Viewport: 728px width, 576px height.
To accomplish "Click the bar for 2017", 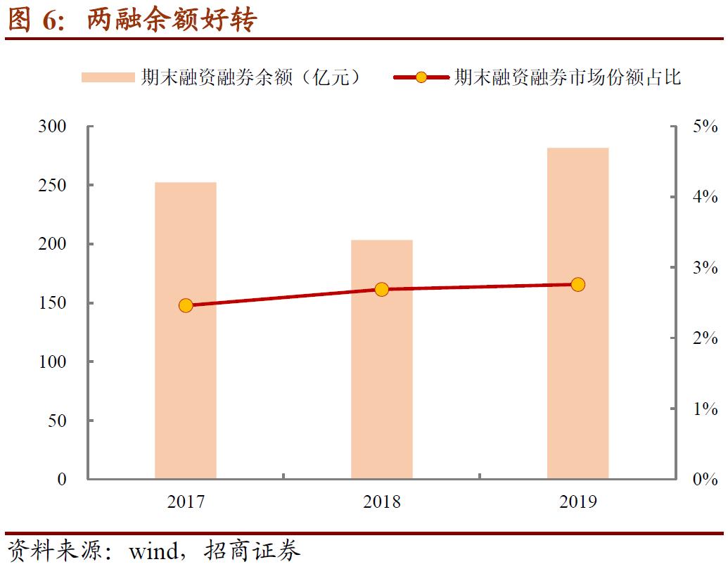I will (186, 331).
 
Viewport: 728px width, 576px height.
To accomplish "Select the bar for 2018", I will (382, 359).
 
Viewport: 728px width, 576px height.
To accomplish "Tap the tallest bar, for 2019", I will (577, 313).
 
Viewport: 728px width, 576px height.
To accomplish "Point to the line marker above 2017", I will (186, 305).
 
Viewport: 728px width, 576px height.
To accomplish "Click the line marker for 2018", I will (382, 289).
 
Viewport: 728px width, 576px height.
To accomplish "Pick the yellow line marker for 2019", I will (577, 284).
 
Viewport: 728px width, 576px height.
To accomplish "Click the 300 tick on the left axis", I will (52, 127).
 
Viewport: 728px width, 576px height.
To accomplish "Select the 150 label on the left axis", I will (52, 303).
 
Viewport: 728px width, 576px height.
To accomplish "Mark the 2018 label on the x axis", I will (382, 501).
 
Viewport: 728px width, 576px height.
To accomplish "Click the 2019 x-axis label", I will (577, 501).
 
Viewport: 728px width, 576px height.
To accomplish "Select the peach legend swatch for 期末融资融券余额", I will (107, 77).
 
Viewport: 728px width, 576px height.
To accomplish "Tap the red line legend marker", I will (421, 77).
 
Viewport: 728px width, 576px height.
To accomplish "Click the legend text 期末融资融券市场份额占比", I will (568, 77).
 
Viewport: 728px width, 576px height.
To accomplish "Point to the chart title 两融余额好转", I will (172, 20).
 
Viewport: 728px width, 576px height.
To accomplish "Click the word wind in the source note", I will (153, 551).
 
